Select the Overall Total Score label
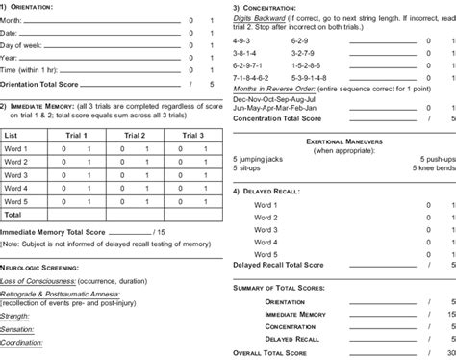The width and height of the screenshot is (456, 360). tap(280, 353)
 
